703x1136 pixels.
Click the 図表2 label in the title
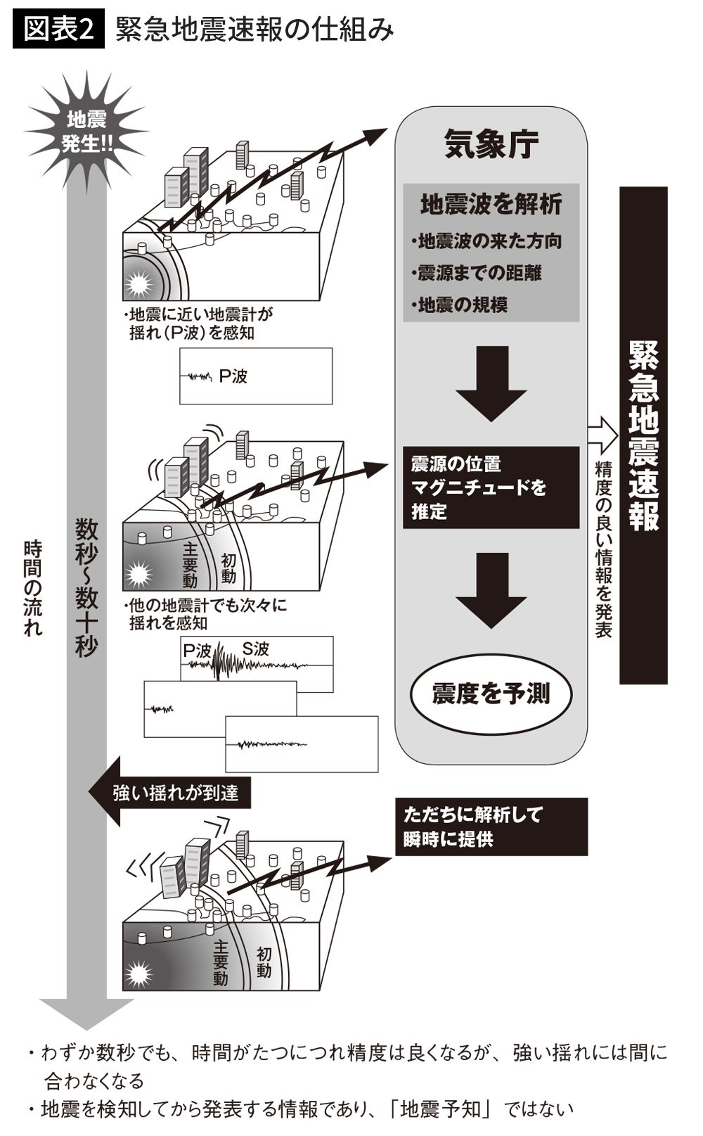58,30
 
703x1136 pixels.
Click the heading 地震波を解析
491,204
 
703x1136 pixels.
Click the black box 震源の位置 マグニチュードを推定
491,487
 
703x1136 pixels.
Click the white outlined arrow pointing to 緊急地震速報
602,436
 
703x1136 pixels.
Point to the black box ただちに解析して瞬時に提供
491,827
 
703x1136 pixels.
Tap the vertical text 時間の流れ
32,587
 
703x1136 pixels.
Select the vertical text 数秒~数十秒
86,587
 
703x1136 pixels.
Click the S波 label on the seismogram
255,649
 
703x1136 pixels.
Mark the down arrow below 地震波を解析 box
491,383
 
